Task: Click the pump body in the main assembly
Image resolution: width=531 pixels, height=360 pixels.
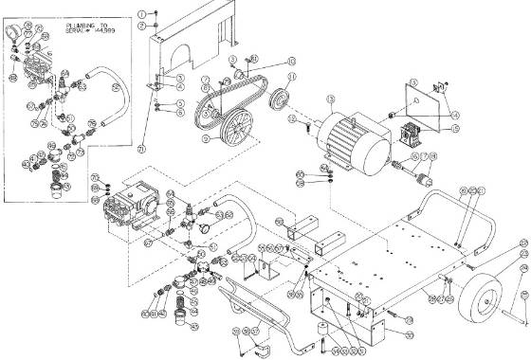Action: coord(133,202)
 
